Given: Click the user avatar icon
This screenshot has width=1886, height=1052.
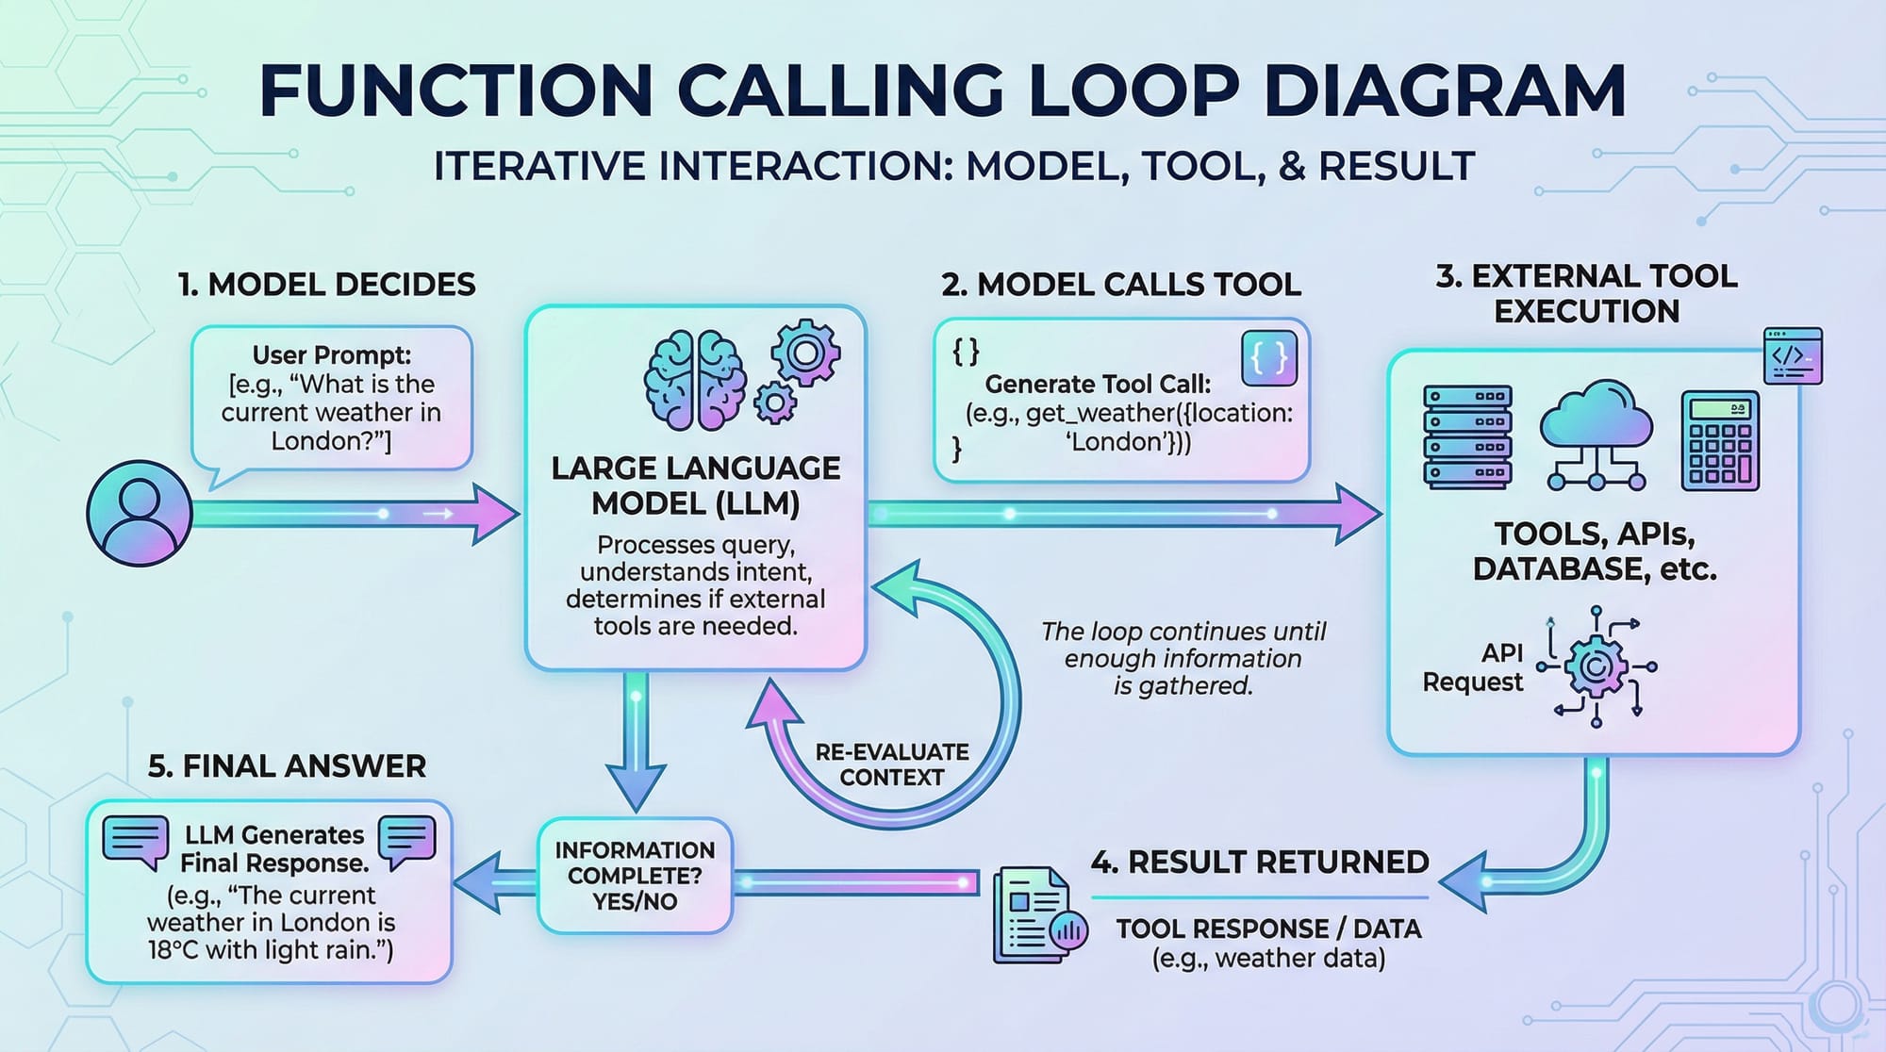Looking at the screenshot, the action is pyautogui.click(x=140, y=513).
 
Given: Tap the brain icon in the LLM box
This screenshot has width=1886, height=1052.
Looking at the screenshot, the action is pyautogui.click(x=695, y=381).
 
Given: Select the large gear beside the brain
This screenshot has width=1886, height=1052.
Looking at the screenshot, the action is pyautogui.click(x=805, y=353).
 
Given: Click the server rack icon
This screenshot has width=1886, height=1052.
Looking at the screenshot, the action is pyautogui.click(x=1467, y=437).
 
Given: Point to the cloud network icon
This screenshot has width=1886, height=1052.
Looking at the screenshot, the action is pyautogui.click(x=1596, y=435).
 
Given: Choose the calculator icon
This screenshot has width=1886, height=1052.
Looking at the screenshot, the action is pyautogui.click(x=1720, y=441).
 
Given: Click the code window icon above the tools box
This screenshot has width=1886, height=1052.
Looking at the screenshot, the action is pyautogui.click(x=1793, y=356).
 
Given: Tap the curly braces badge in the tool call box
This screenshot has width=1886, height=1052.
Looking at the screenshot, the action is pyautogui.click(x=1269, y=358).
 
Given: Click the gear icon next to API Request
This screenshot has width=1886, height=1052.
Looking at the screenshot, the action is pyautogui.click(x=1596, y=666).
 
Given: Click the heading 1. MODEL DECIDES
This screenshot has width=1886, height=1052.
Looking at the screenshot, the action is pyautogui.click(x=327, y=285).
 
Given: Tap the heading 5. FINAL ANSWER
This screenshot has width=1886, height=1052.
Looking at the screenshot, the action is pyautogui.click(x=287, y=766).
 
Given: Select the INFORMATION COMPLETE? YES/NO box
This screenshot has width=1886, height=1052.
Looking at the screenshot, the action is pyautogui.click(x=635, y=876).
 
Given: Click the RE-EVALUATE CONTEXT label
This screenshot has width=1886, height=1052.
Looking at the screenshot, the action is pyautogui.click(x=891, y=764).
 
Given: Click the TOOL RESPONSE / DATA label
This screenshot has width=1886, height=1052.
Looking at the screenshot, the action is pyautogui.click(x=1268, y=929).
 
